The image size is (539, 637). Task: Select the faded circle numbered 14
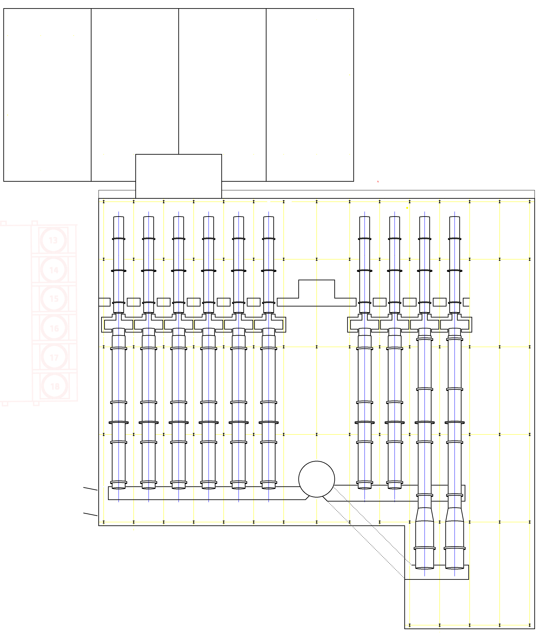coord(54,270)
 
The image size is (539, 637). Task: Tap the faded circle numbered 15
coord(54,298)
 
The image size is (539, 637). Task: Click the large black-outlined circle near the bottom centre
coord(316,479)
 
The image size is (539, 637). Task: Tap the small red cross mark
coord(378,182)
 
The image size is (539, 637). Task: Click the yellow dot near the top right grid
coord(407,208)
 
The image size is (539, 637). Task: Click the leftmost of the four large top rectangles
coord(47,95)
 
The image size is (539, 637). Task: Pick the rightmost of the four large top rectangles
coord(310,95)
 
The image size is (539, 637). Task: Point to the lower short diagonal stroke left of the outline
coord(90,514)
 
